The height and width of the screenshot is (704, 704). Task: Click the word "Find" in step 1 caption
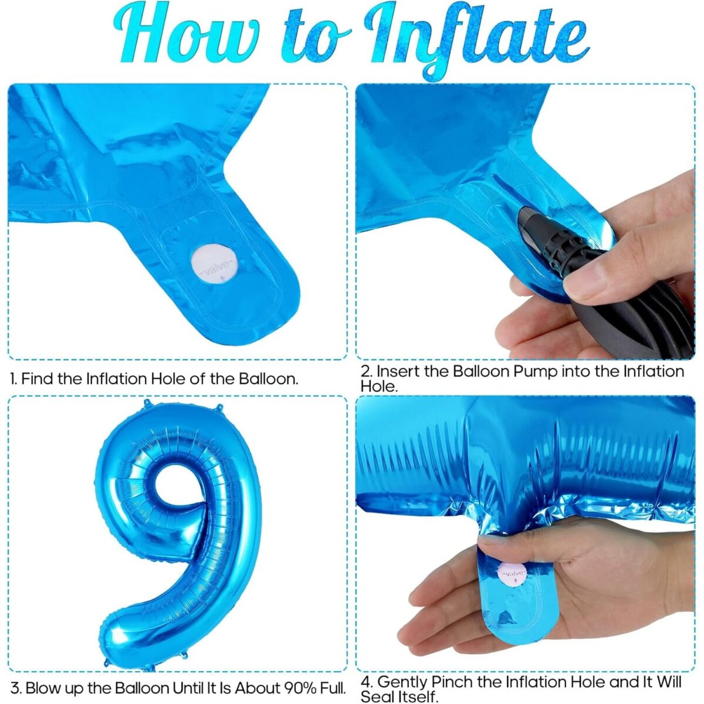coord(36,378)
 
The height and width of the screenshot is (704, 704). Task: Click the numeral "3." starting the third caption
coord(16,687)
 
